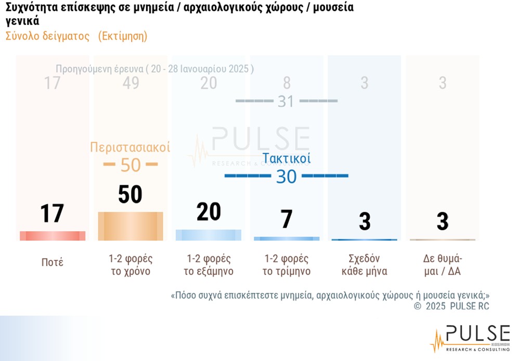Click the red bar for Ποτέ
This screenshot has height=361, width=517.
pyautogui.click(x=52, y=235)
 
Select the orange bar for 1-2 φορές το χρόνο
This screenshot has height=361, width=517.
pyautogui.click(x=131, y=226)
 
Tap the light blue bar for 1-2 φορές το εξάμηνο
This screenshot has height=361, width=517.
pyautogui.click(x=208, y=235)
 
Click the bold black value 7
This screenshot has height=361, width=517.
pyautogui.click(x=287, y=219)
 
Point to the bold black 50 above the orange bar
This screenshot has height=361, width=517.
pyautogui.click(x=130, y=195)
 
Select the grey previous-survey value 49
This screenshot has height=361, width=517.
pyautogui.click(x=131, y=83)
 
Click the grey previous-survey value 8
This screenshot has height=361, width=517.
pyautogui.click(x=287, y=83)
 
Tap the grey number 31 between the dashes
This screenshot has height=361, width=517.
pyautogui.click(x=286, y=101)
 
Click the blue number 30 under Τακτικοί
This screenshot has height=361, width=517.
pyautogui.click(x=286, y=177)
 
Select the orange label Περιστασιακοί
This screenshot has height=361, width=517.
pyautogui.click(x=130, y=147)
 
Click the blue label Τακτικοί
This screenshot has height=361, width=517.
pyautogui.click(x=286, y=158)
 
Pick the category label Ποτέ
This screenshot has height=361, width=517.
pyautogui.click(x=52, y=263)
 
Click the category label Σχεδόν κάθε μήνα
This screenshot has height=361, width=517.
pyautogui.click(x=364, y=265)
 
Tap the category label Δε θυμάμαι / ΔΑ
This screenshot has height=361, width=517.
pyautogui.click(x=442, y=265)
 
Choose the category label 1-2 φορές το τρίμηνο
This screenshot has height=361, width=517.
pyautogui.click(x=287, y=265)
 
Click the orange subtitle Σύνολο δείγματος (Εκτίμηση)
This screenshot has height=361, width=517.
pyautogui.click(x=76, y=36)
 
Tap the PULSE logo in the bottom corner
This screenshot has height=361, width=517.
pyautogui.click(x=470, y=338)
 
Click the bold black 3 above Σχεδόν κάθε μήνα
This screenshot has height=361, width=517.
pyautogui.click(x=365, y=221)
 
